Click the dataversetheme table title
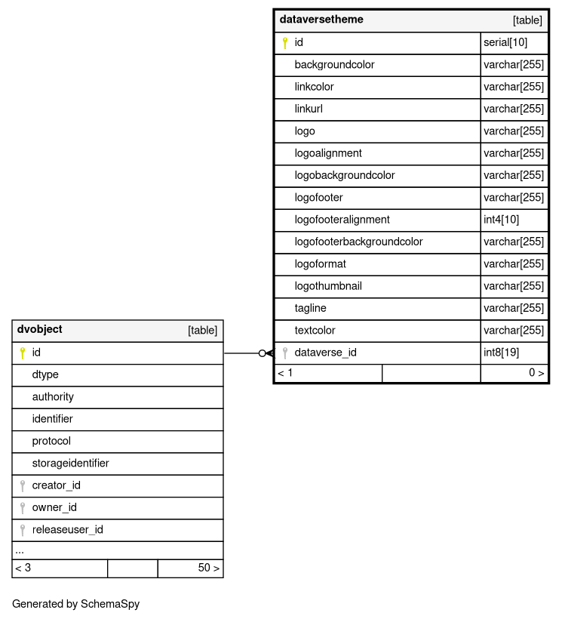(321, 20)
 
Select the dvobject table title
(40, 330)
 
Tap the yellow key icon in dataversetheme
(284, 43)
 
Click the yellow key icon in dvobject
(23, 353)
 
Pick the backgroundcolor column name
(334, 65)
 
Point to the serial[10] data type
(505, 43)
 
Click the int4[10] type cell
(501, 220)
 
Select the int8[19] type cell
(501, 353)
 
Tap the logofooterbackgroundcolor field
(358, 242)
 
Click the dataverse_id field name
(325, 353)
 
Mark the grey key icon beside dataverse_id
(284, 353)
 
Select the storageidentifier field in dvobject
(70, 463)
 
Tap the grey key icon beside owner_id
(23, 508)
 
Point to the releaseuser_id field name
(67, 530)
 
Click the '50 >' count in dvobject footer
(208, 568)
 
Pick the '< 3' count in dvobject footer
(23, 568)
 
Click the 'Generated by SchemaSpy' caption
(75, 605)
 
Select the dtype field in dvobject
(45, 375)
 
